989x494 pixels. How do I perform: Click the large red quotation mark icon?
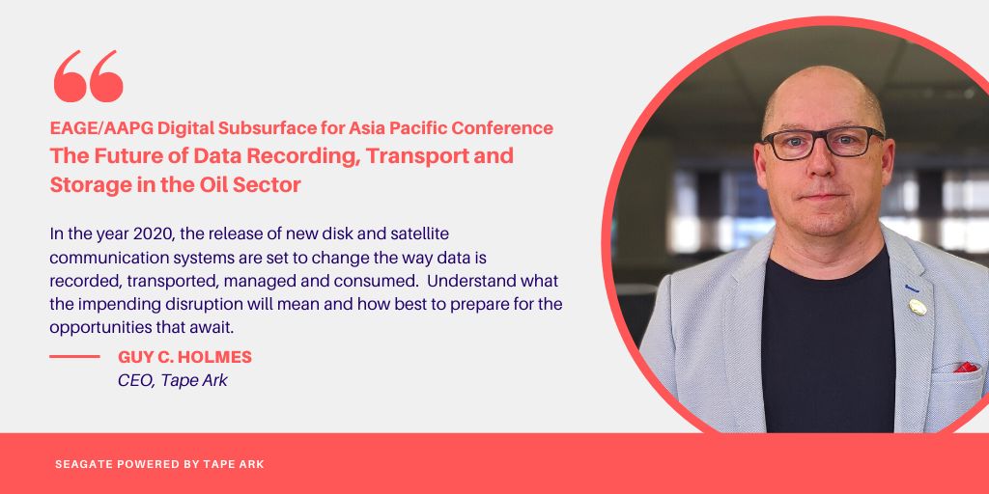[88, 76]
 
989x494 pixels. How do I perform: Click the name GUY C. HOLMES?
[184, 357]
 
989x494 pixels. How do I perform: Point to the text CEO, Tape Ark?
[173, 380]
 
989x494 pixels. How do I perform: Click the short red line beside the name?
[74, 357]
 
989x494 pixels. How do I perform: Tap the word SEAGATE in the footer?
[85, 464]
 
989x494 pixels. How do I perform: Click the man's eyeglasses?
[822, 143]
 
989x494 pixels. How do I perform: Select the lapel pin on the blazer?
[917, 307]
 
